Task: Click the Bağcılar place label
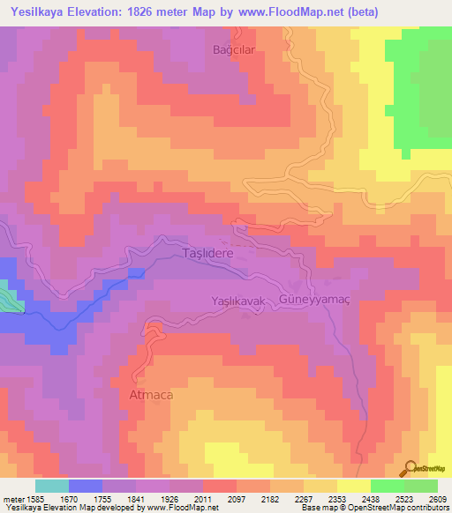234,49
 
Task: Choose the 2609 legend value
437,499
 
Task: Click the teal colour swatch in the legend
52,486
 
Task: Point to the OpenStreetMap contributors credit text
402,508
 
